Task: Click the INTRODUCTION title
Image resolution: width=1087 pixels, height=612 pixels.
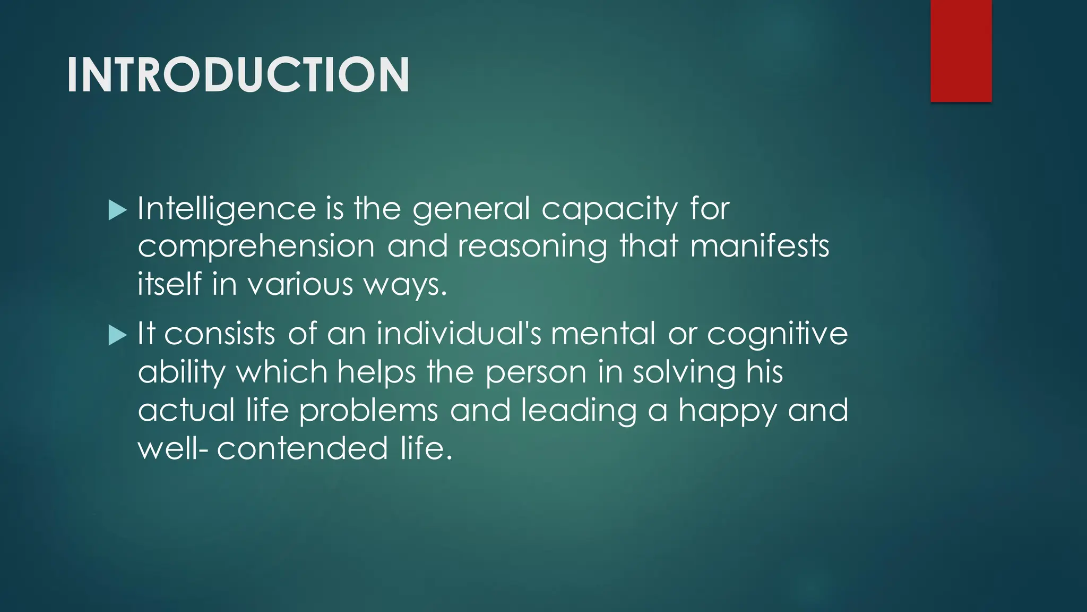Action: [x=238, y=75]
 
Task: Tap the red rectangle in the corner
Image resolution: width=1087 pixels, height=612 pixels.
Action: [x=961, y=50]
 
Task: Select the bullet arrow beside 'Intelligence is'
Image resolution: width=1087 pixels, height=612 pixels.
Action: [x=117, y=210]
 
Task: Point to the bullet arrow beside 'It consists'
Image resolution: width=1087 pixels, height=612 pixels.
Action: [x=117, y=336]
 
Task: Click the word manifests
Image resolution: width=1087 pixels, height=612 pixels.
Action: [x=760, y=246]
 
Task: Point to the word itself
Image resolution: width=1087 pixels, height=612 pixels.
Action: [x=169, y=284]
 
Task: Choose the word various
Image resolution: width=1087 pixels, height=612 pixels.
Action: [x=300, y=285]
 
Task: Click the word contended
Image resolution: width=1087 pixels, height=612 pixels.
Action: [x=302, y=448]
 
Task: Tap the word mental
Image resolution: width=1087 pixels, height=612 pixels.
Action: [x=603, y=334]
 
